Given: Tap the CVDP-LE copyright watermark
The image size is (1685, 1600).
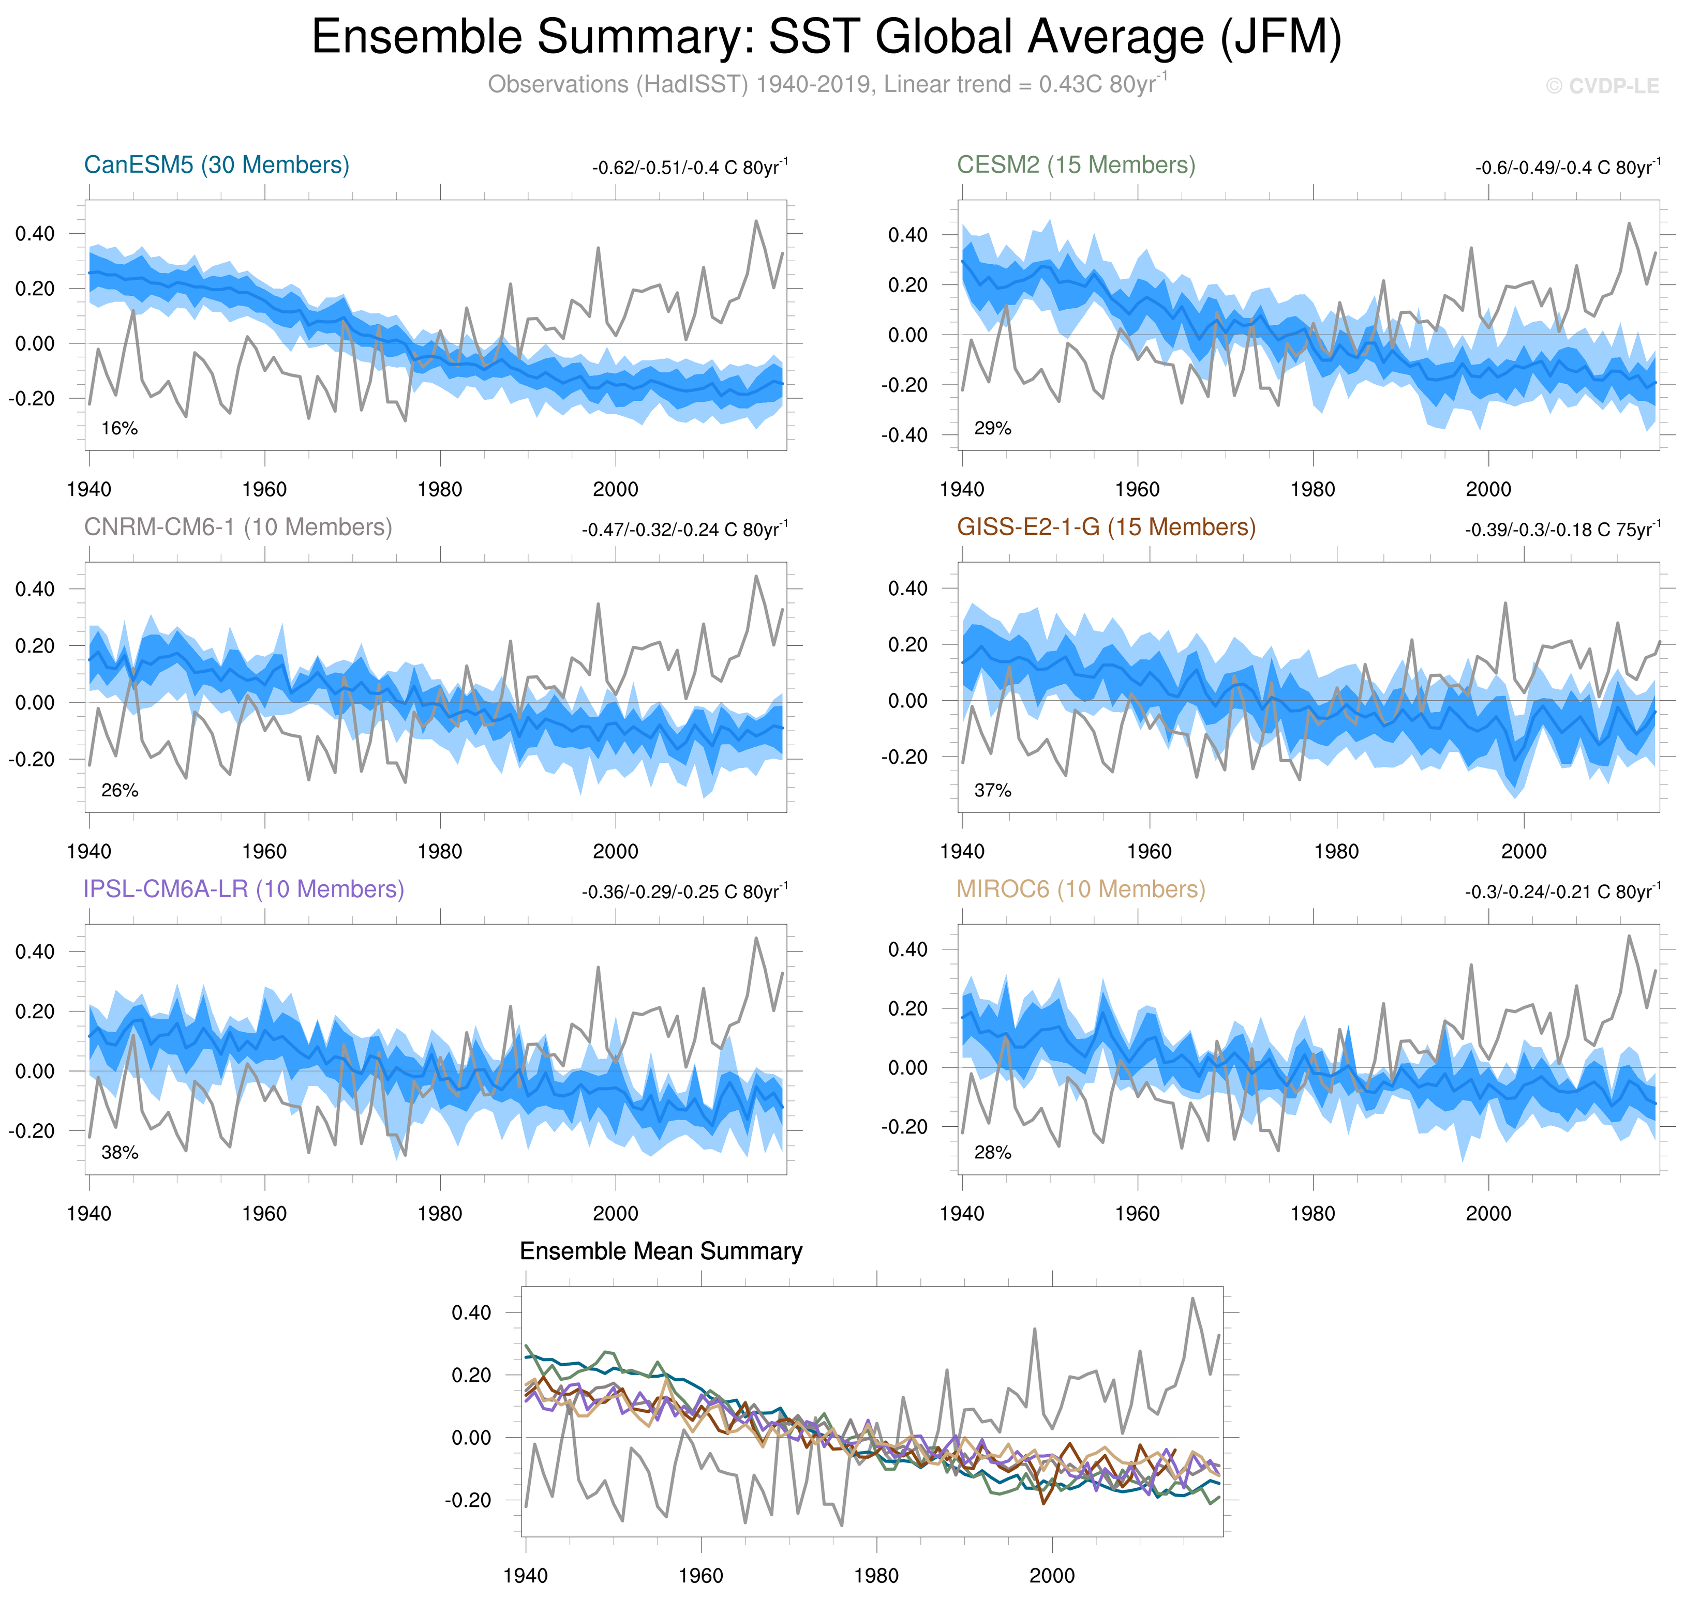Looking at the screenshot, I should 1601,86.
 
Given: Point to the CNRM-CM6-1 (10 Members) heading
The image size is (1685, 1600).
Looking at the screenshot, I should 237,527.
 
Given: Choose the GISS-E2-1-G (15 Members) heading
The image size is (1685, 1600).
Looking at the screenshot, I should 1106,527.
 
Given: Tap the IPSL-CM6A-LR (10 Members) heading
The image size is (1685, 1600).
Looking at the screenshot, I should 243,889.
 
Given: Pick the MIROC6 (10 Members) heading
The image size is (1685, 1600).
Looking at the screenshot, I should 1080,889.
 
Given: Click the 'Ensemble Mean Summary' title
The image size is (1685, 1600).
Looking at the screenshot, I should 660,1251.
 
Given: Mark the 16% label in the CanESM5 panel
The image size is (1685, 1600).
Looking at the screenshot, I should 120,428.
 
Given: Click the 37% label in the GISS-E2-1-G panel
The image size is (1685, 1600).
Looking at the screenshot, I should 992,791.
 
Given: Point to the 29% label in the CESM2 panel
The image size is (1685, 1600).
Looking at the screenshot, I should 992,428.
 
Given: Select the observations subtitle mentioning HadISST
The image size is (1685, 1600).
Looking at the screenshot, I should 826,84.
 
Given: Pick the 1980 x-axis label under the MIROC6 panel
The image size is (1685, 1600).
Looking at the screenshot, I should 1312,1213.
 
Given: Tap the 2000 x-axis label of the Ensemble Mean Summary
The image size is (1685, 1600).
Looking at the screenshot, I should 1051,1575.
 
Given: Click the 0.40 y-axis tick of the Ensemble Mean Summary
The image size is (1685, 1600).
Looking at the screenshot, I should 471,1312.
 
